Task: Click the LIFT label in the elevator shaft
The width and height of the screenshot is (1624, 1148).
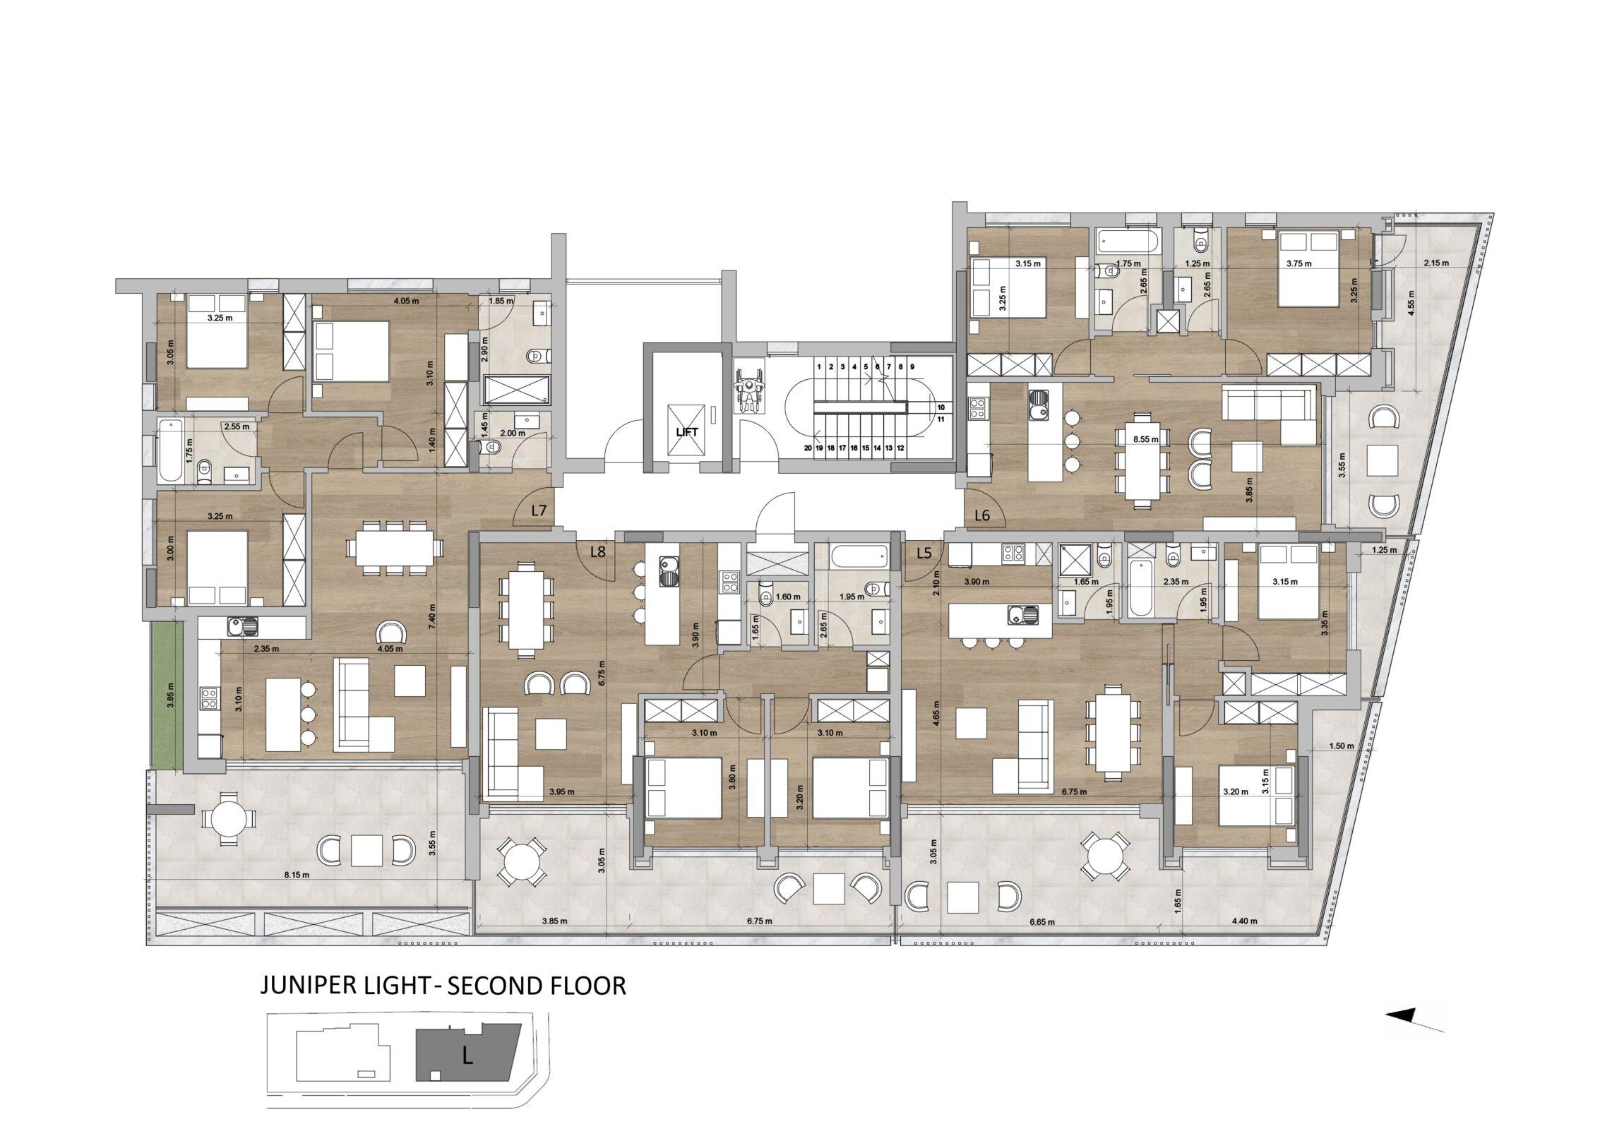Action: [687, 431]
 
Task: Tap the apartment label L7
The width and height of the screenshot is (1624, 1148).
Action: [539, 510]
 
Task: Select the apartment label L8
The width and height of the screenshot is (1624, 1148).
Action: [597, 551]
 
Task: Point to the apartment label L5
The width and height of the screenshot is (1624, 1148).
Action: [924, 553]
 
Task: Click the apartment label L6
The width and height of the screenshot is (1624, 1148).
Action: [981, 515]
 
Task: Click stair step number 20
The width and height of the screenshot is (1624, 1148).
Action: [808, 448]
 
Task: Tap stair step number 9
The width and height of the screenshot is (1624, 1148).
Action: [912, 367]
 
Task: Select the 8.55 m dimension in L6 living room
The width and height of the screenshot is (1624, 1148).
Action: [1146, 439]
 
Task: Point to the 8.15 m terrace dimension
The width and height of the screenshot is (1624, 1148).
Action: [297, 875]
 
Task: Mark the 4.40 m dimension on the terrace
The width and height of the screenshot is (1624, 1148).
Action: [1244, 921]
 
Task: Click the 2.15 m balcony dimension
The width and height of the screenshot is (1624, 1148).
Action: [1436, 263]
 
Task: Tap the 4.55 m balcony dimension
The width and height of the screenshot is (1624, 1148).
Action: [1411, 303]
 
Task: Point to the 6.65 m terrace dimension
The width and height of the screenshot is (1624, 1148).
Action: [1042, 921]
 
